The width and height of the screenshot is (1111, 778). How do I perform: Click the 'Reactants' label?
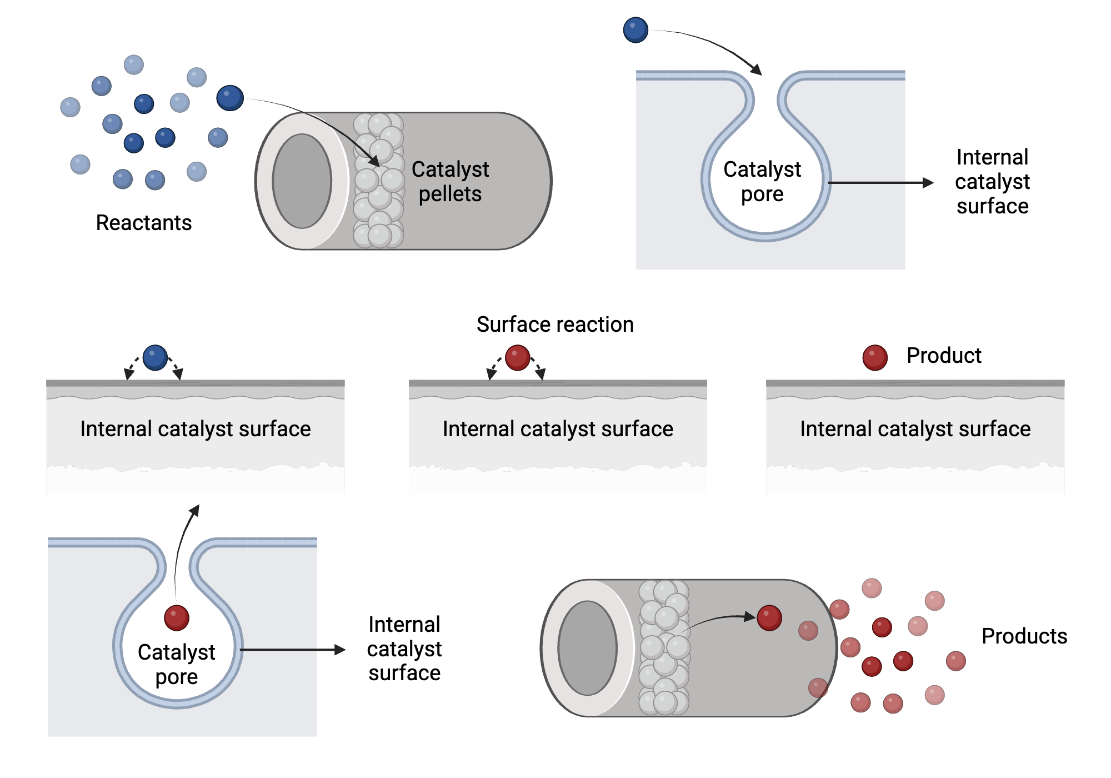click(x=144, y=223)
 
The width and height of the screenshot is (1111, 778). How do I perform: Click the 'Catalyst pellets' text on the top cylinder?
click(x=450, y=182)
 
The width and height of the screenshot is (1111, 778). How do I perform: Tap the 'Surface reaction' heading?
click(x=555, y=325)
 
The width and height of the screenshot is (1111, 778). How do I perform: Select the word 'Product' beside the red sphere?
click(x=944, y=356)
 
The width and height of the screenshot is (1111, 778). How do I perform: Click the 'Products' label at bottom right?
click(x=1024, y=636)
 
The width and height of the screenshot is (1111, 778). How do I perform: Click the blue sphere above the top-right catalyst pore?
click(x=635, y=30)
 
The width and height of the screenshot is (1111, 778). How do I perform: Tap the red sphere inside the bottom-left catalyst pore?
click(x=177, y=618)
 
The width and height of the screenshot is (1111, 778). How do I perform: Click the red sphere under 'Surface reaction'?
click(x=517, y=358)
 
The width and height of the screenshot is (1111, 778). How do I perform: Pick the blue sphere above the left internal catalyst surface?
click(x=155, y=358)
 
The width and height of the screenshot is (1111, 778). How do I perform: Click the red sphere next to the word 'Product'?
click(x=875, y=358)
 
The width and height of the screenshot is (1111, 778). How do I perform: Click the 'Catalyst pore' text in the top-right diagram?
click(x=762, y=182)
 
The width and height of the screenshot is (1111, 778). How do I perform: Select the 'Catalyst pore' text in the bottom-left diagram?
click(x=177, y=665)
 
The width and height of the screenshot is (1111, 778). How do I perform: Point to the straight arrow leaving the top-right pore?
click(x=880, y=182)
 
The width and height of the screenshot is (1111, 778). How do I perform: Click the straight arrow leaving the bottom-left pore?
click(x=293, y=650)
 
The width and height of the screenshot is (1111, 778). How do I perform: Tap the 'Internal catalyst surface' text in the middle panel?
click(x=558, y=429)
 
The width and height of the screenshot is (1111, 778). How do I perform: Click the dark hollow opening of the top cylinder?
click(x=302, y=181)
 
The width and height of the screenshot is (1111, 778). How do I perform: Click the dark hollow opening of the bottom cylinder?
click(x=588, y=648)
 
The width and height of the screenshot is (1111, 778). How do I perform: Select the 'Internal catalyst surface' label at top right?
click(x=992, y=182)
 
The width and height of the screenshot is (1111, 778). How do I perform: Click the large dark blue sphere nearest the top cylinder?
click(x=230, y=98)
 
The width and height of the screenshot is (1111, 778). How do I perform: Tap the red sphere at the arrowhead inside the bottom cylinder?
click(x=769, y=618)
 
